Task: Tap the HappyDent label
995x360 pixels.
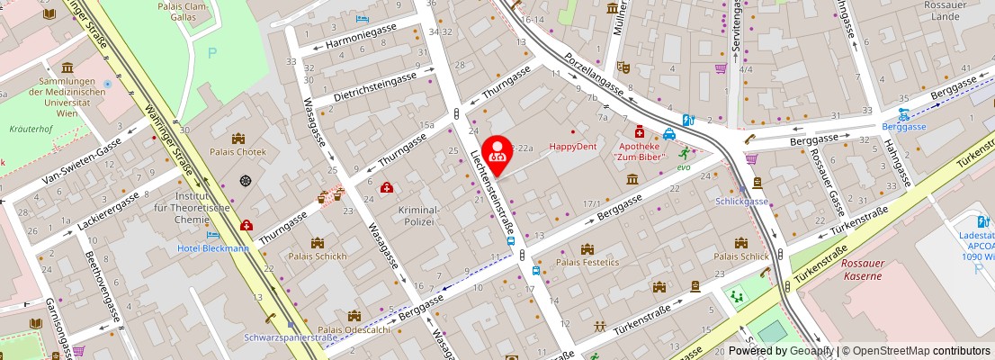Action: click(573, 146)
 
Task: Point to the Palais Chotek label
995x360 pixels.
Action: click(238, 152)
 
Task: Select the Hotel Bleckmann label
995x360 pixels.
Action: click(213, 248)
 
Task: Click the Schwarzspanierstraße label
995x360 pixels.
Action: click(290, 337)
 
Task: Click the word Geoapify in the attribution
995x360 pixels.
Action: click(811, 351)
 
